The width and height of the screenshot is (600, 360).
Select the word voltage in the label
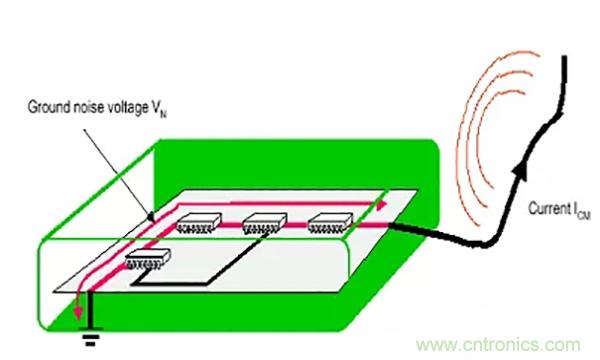127,108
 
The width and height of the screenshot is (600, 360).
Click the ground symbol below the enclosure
91,336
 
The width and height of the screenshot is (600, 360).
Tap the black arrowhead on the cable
520,170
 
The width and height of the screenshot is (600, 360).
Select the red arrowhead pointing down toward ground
78,312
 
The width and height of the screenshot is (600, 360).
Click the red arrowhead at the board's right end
382,205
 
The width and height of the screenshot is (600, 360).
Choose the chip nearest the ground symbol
148,259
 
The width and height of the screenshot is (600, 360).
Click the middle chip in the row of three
265,223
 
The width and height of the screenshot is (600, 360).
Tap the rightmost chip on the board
330,223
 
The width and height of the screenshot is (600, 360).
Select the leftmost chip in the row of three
199,223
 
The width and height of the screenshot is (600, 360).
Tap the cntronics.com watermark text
498,345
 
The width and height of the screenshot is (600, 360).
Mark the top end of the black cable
564,57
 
